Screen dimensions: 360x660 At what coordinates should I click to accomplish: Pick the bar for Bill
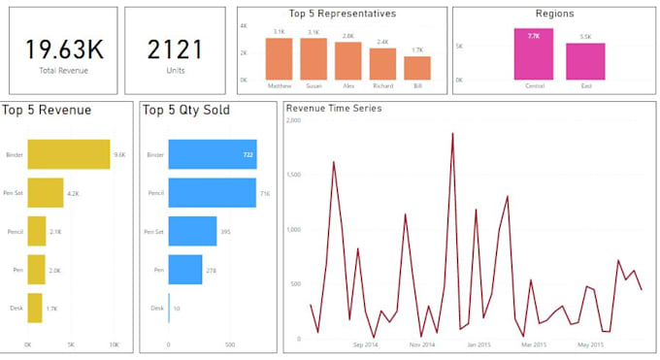417,68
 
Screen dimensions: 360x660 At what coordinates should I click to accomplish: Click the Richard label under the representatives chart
382,86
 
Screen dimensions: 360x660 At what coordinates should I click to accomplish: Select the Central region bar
534,54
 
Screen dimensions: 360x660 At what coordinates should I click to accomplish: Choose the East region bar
585,61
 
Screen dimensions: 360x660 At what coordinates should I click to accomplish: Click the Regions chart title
554,14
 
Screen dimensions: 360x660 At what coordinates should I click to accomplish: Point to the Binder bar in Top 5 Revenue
68,154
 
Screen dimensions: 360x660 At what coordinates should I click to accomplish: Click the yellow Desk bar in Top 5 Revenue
35,308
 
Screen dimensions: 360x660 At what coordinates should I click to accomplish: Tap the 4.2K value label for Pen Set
73,193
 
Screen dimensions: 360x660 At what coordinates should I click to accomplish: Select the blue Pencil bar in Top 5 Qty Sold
212,193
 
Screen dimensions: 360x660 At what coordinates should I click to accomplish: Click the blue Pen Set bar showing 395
192,231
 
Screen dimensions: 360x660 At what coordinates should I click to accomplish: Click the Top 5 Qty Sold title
185,110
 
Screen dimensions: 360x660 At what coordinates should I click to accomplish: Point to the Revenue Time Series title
334,108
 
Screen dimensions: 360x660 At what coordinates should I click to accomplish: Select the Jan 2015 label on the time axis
478,344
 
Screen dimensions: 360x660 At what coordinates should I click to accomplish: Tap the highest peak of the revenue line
452,134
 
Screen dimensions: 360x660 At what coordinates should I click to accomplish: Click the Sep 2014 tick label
365,344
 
